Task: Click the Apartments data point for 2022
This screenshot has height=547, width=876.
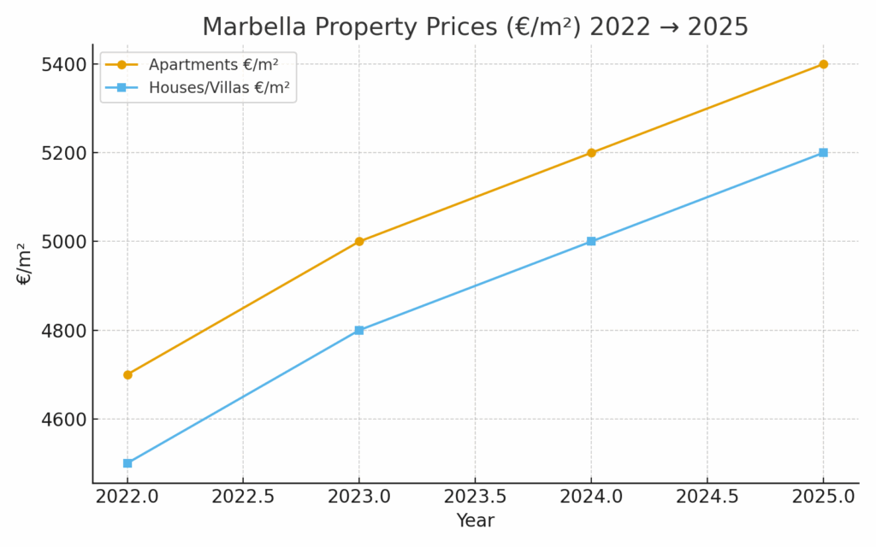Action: [127, 374]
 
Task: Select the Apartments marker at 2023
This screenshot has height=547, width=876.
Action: [359, 241]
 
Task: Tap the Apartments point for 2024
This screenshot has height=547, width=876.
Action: [591, 153]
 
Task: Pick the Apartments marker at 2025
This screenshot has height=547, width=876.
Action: [823, 64]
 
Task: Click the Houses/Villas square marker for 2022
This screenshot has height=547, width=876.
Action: [127, 463]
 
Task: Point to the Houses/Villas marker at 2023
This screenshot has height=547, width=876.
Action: [359, 330]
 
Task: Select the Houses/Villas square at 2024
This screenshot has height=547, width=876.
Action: [591, 241]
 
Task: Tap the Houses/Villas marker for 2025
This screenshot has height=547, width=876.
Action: [823, 153]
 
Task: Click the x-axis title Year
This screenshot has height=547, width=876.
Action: [475, 521]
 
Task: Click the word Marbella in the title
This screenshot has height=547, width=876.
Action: [244, 27]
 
